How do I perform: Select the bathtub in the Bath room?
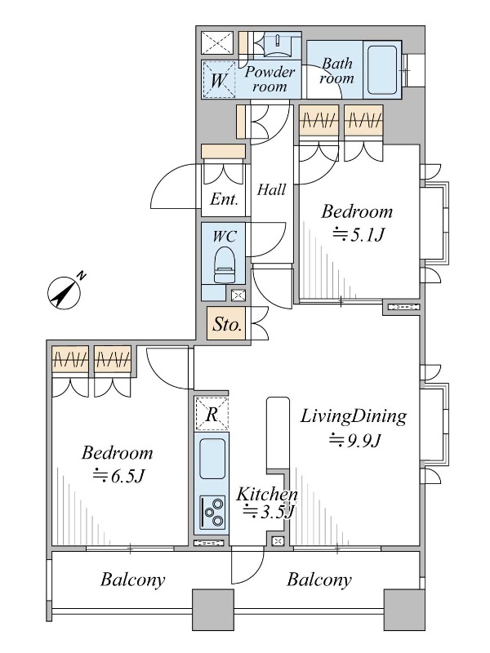[x=382, y=69]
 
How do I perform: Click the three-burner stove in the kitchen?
[x=213, y=512]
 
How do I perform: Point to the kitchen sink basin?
[x=212, y=459]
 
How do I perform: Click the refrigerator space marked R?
[x=212, y=414]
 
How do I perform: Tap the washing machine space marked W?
[x=218, y=79]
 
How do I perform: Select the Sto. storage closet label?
[x=228, y=324]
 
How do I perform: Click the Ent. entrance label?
[x=224, y=199]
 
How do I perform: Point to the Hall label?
[x=271, y=190]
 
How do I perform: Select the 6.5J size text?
[x=118, y=476]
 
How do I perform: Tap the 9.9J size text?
[x=355, y=440]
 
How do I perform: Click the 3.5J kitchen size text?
[x=269, y=512]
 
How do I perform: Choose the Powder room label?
[x=270, y=78]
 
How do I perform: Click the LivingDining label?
[x=354, y=416]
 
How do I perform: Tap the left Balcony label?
[x=133, y=580]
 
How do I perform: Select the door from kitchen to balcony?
[x=248, y=565]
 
